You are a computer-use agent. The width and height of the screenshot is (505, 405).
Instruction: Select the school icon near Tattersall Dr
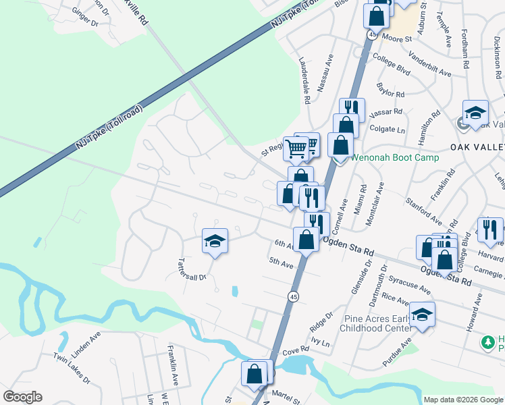215,242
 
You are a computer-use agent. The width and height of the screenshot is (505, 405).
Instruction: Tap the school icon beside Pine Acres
423,315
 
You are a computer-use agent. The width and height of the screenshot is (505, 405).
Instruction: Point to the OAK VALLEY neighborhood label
477,147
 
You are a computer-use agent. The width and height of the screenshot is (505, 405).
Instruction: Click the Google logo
22,397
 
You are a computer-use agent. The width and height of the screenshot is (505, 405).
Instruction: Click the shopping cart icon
296,148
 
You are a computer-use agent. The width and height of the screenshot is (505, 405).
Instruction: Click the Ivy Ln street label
321,343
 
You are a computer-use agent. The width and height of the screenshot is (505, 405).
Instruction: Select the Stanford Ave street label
423,211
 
